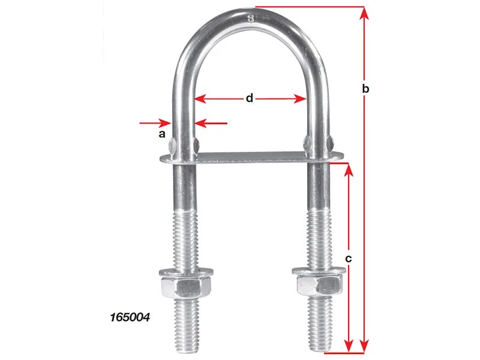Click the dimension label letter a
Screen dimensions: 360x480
click(x=161, y=134)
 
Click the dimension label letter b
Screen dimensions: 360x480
click(x=366, y=89)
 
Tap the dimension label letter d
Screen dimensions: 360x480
click(x=250, y=98)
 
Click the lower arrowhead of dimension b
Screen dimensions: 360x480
click(x=364, y=346)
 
